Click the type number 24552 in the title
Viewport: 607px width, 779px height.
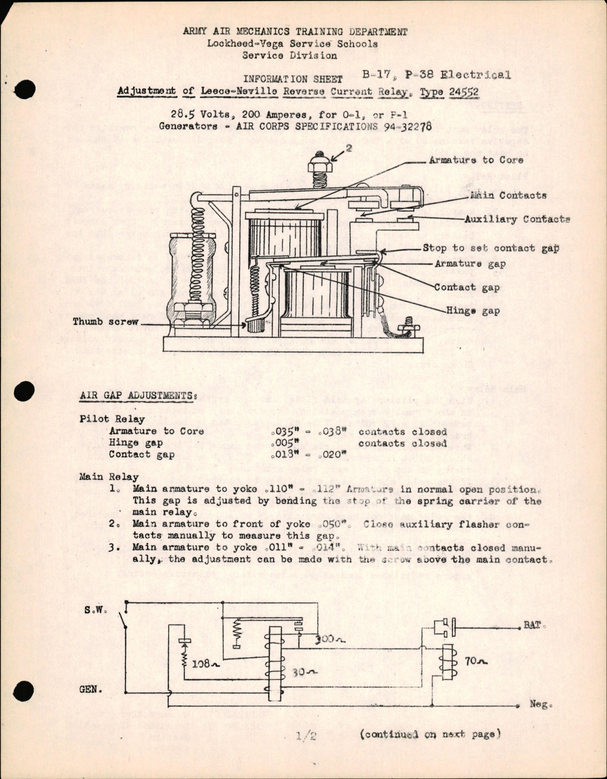click(462, 92)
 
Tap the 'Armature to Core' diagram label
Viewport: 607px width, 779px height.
click(476, 160)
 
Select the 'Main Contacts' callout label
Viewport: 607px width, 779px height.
click(508, 195)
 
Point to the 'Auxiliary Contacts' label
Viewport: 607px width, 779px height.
click(517, 219)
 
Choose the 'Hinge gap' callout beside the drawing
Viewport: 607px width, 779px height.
click(472, 311)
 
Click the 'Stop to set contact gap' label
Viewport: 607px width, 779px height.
click(490, 248)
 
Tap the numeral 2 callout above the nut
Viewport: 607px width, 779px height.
click(349, 148)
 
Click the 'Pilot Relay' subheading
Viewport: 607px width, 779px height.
click(112, 419)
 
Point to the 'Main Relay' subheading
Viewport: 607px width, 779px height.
click(109, 477)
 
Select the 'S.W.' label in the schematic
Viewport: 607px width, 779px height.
click(95, 610)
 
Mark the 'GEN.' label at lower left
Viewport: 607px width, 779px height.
click(91, 689)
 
